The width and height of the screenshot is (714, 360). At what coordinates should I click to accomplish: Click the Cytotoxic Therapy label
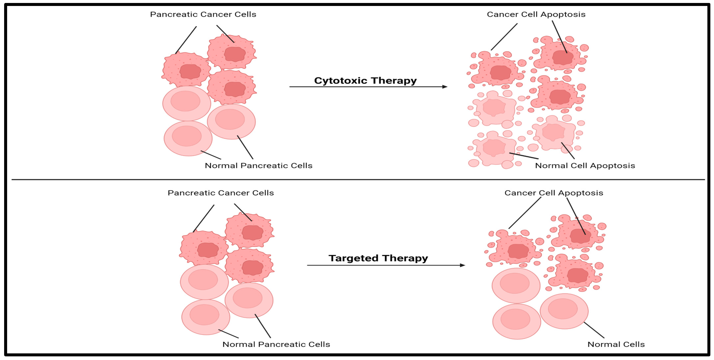[x=365, y=81]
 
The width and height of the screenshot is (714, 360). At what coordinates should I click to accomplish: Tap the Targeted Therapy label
[x=378, y=258]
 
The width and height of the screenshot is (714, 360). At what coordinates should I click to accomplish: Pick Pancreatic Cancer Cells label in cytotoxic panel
[x=203, y=14]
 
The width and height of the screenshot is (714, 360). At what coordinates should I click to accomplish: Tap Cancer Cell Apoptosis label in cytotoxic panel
[x=536, y=14]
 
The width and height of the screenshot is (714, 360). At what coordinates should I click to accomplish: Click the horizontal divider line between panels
[x=358, y=180]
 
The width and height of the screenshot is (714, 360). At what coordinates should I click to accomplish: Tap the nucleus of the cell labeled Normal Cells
[x=563, y=309]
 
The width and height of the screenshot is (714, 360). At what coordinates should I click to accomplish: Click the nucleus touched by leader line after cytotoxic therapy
[x=563, y=57]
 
